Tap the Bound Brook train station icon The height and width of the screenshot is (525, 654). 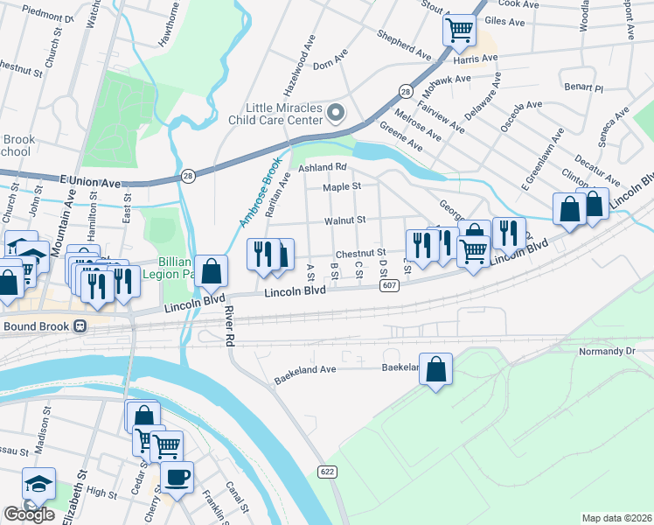point(80,326)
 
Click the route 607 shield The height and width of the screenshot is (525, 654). point(390,286)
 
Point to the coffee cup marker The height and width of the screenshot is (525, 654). point(177,478)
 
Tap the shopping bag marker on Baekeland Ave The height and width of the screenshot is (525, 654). point(435,369)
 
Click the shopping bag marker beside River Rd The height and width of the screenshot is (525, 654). point(211,271)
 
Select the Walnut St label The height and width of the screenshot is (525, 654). point(344,220)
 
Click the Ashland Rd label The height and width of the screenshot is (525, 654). point(323,167)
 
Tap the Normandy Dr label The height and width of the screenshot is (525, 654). point(604,352)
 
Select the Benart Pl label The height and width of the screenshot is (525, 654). point(583,88)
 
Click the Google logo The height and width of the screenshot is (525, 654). point(30,514)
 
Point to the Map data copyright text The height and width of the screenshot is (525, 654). point(616,518)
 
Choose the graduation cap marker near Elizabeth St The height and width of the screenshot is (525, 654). point(38,483)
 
